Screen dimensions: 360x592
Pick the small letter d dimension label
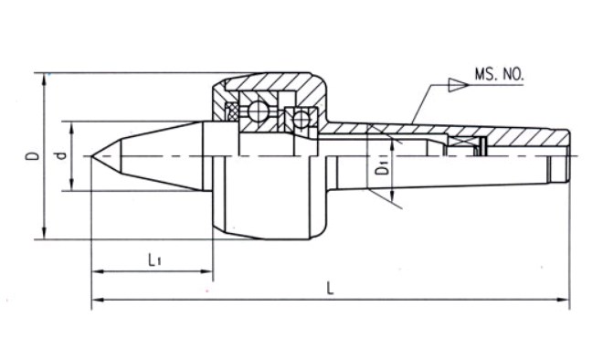[59, 156]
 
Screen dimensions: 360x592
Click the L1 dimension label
[154, 259]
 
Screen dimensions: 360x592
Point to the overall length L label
[331, 287]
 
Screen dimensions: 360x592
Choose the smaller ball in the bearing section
[299, 117]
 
